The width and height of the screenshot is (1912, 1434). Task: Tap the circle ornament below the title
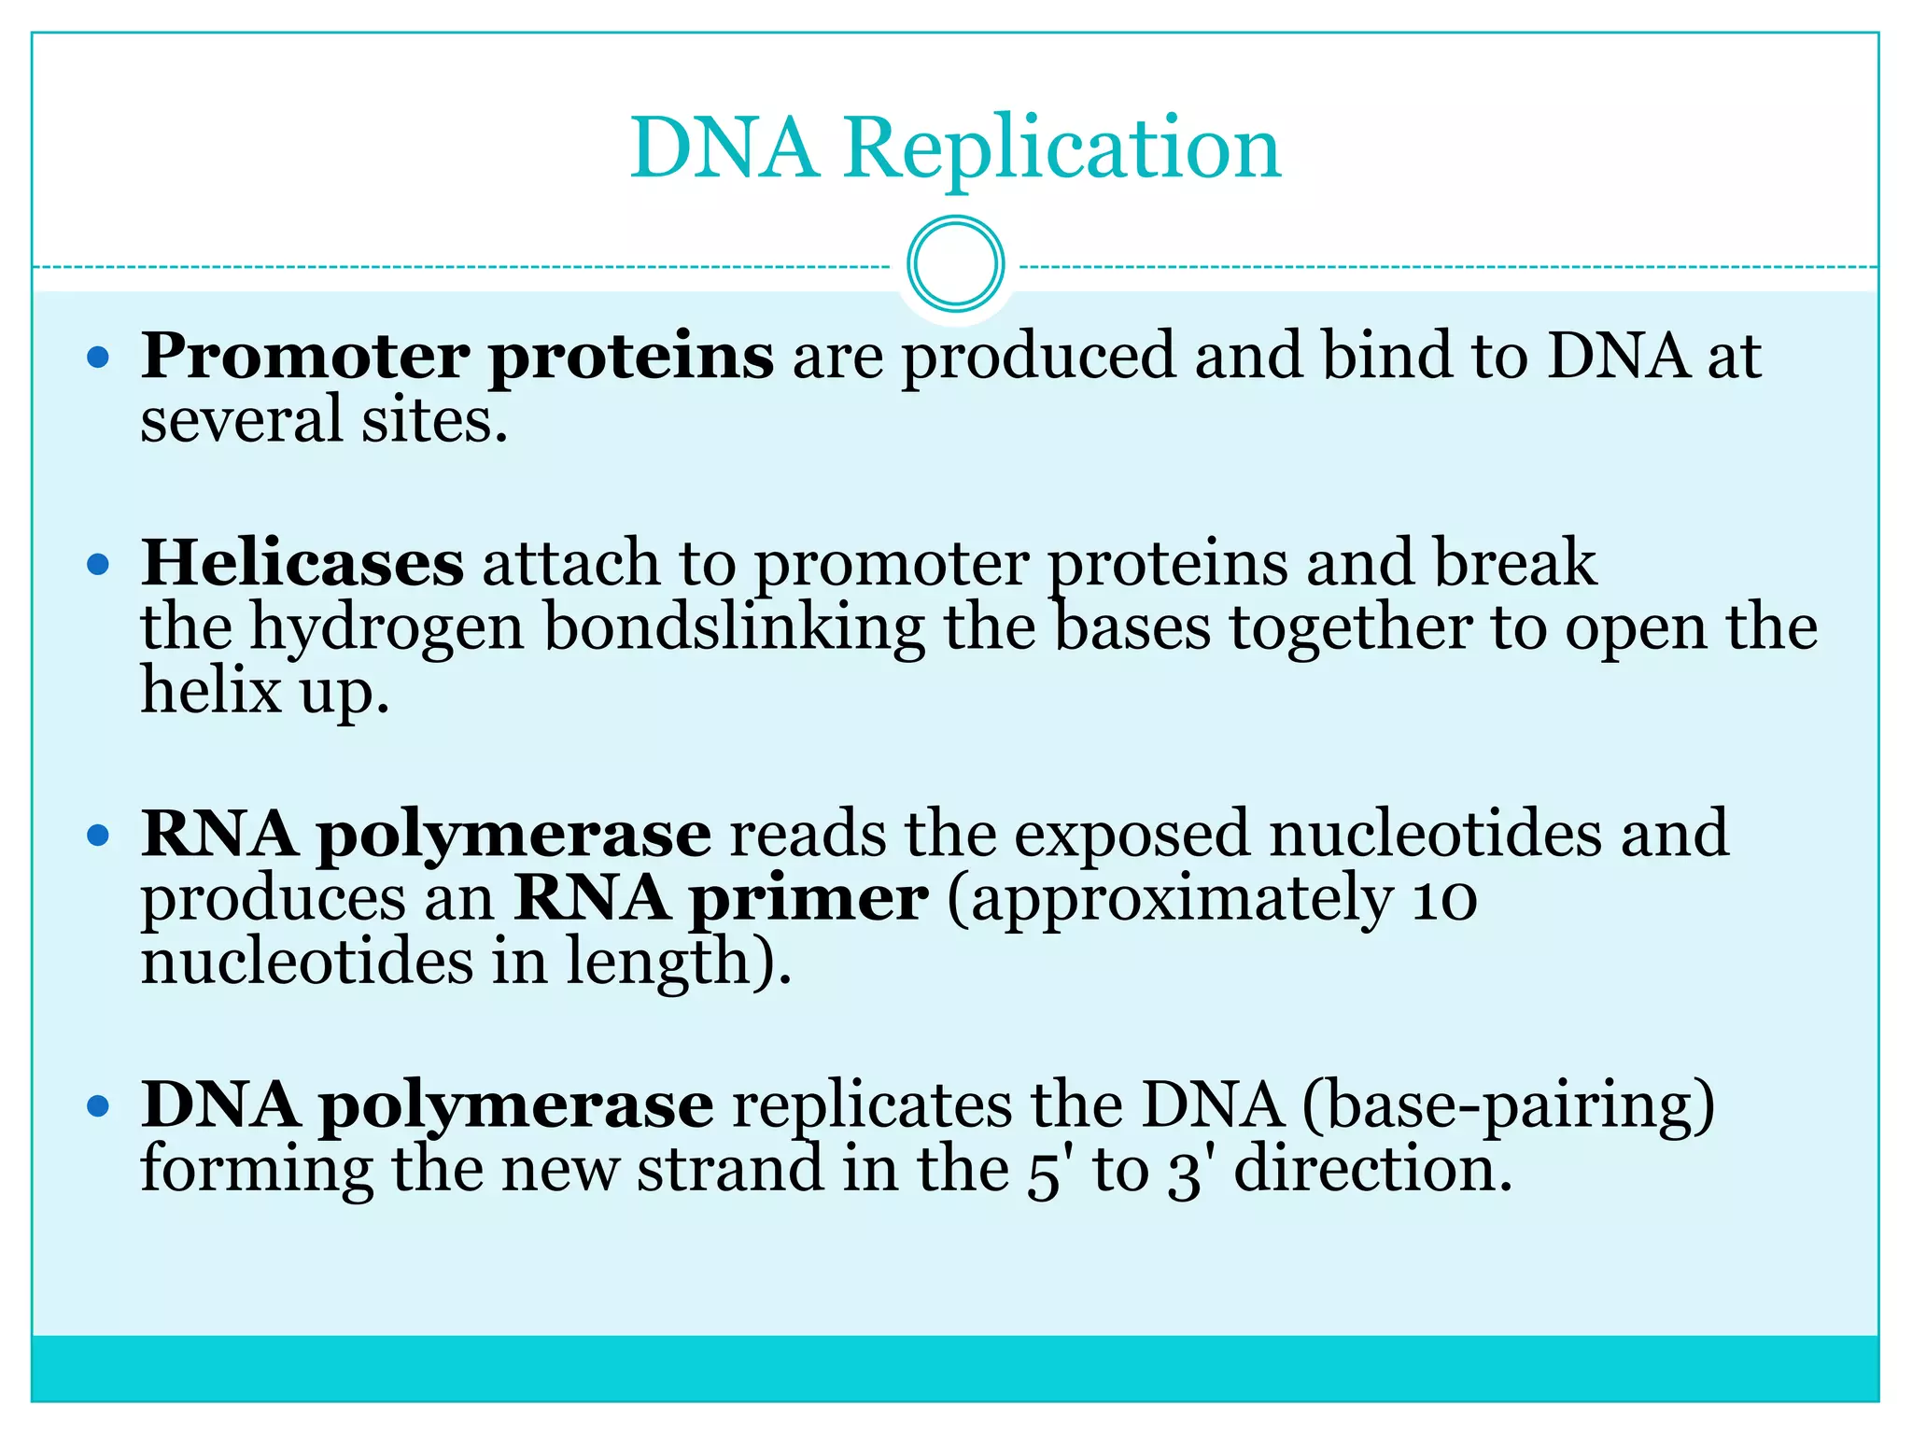(955, 264)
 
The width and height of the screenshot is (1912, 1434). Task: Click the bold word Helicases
(302, 563)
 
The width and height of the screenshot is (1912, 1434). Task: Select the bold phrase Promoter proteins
(457, 357)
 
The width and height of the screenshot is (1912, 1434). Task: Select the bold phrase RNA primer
(721, 898)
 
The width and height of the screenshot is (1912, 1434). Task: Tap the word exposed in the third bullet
(1132, 834)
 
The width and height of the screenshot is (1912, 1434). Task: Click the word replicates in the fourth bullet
(872, 1106)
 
